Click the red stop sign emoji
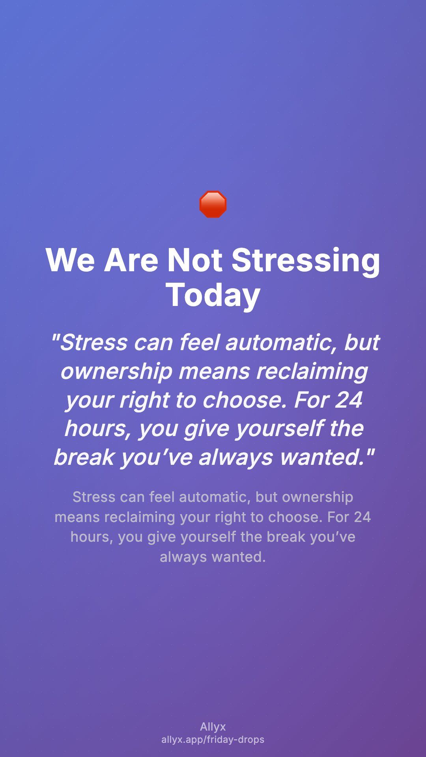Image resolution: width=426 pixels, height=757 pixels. point(213,204)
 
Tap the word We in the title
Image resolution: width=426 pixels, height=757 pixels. point(70,260)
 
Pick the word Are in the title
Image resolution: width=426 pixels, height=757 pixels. point(131,260)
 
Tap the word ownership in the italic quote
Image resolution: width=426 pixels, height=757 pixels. point(116,372)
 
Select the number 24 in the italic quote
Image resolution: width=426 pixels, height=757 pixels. point(349,400)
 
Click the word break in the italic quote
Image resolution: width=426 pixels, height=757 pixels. point(84,457)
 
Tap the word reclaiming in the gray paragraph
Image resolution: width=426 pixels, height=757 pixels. point(140,518)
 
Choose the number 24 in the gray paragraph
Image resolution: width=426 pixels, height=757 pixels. point(362,517)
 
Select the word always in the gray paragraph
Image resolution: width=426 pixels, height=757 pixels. point(183,557)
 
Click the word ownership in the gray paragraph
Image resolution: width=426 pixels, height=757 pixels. point(318,498)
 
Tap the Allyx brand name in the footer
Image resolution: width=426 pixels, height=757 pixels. point(213,727)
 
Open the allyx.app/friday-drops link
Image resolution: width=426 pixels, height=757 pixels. point(213,740)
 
